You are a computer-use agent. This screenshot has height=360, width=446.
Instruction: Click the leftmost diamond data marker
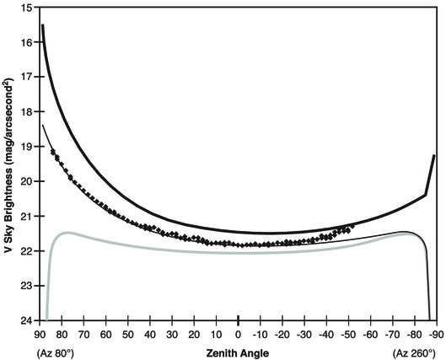tap(53, 151)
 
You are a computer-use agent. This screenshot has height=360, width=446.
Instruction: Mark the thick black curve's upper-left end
tap(42, 26)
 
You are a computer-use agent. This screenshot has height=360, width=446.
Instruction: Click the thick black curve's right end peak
tap(434, 156)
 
